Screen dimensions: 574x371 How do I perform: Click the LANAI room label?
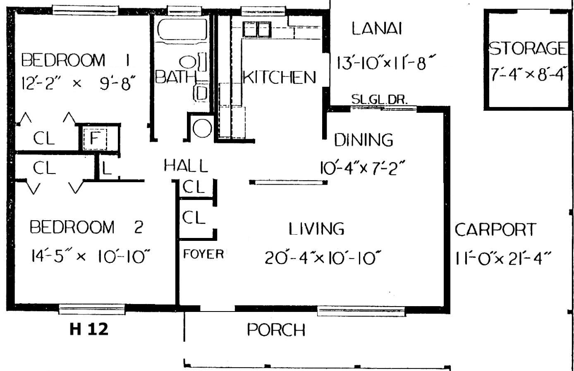coord(376,29)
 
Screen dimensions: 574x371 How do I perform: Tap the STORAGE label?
coord(528,48)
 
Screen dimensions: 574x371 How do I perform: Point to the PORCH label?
coord(276,330)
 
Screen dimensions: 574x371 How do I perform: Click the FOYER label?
coord(204,254)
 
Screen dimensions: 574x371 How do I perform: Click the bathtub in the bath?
coord(182,29)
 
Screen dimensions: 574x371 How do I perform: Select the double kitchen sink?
coord(257,29)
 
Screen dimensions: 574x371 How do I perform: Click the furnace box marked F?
coord(95,139)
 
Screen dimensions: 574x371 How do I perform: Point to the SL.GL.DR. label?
coord(379,99)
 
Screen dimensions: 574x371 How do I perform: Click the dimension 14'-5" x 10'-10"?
coord(91,256)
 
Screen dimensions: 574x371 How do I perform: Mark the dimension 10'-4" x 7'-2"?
coord(363,168)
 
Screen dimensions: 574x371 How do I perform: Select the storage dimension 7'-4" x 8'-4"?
coord(527,74)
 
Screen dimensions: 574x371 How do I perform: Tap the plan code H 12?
coord(89,329)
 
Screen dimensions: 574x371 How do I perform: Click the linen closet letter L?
coord(107,168)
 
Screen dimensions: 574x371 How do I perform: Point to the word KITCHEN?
coord(279,77)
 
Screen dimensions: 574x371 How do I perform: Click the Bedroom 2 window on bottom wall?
coord(92,309)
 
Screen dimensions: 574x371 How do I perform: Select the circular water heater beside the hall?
coord(202,128)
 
